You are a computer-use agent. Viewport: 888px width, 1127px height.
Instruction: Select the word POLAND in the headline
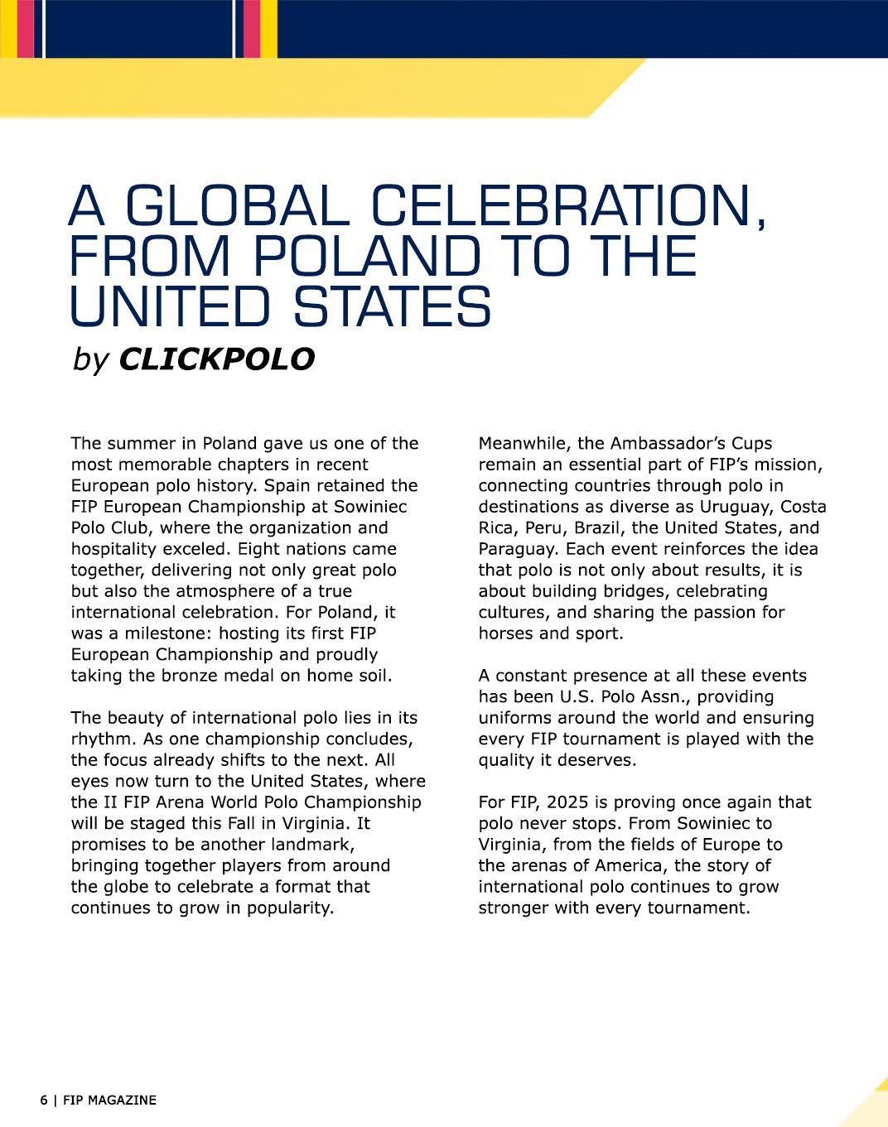[x=366, y=256]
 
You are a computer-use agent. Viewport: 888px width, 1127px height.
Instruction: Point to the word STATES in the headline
[x=393, y=306]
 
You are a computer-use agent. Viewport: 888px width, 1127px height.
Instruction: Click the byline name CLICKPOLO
[x=217, y=359]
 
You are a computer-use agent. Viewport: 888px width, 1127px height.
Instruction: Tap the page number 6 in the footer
[x=43, y=1101]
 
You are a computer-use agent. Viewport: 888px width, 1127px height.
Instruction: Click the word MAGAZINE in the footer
[x=122, y=1101]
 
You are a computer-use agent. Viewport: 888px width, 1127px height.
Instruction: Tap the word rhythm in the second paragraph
[x=95, y=739]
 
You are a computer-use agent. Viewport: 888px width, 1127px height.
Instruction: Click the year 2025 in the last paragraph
[x=557, y=802]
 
